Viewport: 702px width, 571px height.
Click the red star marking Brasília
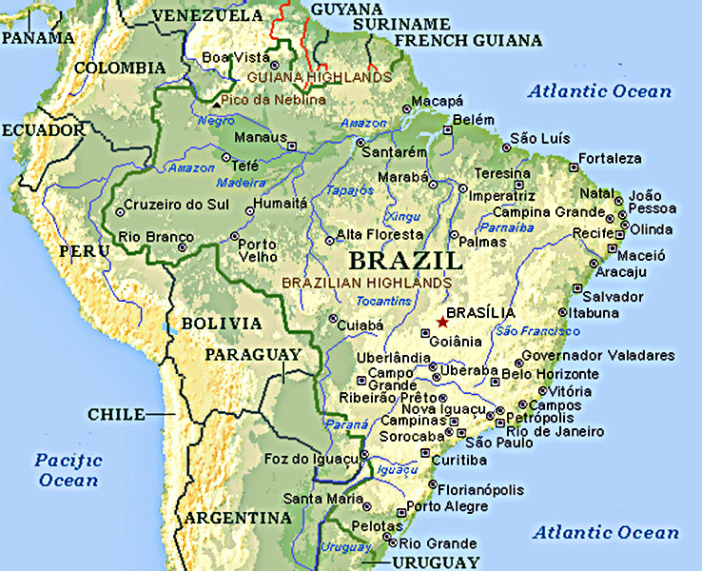coord(442,323)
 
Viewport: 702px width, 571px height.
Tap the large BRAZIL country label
coord(405,260)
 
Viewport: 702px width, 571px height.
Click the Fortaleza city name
coord(610,158)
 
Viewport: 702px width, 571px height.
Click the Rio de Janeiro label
coord(556,431)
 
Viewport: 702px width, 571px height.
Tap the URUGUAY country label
coord(436,561)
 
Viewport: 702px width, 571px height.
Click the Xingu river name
coord(404,216)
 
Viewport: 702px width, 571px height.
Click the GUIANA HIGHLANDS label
coord(318,76)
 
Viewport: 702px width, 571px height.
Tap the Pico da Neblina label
coord(273,99)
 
